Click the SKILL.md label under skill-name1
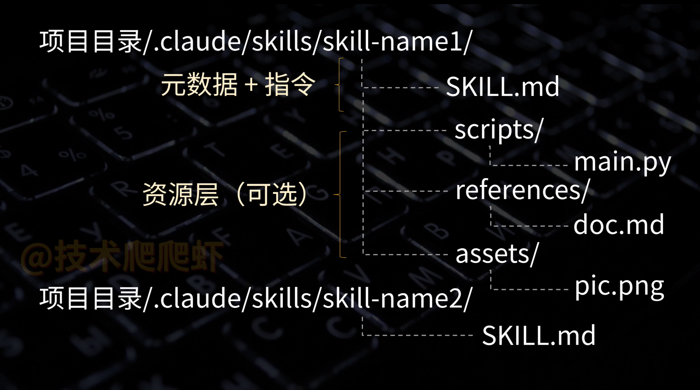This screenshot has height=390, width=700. click(x=503, y=87)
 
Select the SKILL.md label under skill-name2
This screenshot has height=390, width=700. click(x=539, y=335)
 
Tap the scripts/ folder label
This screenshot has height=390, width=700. click(x=498, y=130)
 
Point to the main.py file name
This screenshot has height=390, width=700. click(x=622, y=162)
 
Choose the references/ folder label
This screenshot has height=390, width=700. click(x=522, y=190)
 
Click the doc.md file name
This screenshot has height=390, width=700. click(x=619, y=225)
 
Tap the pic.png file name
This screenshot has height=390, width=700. click(x=619, y=287)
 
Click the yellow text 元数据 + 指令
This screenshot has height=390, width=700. click(x=238, y=85)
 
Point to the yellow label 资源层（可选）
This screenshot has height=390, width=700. click(x=225, y=194)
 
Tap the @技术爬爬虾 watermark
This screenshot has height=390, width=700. click(x=121, y=256)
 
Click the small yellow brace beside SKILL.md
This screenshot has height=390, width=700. click(x=341, y=85)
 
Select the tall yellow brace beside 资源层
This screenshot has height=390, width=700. click(x=342, y=194)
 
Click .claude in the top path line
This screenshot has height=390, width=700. click(x=197, y=41)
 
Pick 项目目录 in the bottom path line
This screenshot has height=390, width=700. click(x=90, y=298)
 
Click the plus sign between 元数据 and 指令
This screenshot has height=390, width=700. click(x=251, y=85)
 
